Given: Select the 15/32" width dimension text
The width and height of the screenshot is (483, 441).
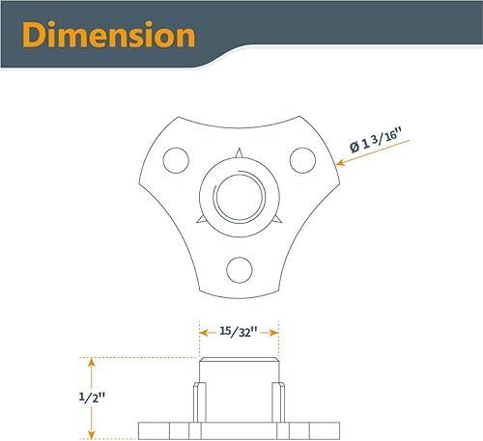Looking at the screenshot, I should point(238,331).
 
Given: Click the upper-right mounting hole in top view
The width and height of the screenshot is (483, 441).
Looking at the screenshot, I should point(300,156).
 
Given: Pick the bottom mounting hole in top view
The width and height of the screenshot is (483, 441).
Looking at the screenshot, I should point(238,266).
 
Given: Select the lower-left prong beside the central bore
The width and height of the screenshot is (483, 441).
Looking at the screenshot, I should point(199,220).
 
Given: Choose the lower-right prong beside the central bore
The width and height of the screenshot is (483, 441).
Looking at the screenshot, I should point(276,220).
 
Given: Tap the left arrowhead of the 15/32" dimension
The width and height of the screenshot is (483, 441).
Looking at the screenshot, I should point(203,331).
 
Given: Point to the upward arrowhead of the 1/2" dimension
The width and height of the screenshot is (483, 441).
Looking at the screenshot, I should point(92,363).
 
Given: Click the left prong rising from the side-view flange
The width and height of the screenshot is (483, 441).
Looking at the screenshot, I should point(198,401).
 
